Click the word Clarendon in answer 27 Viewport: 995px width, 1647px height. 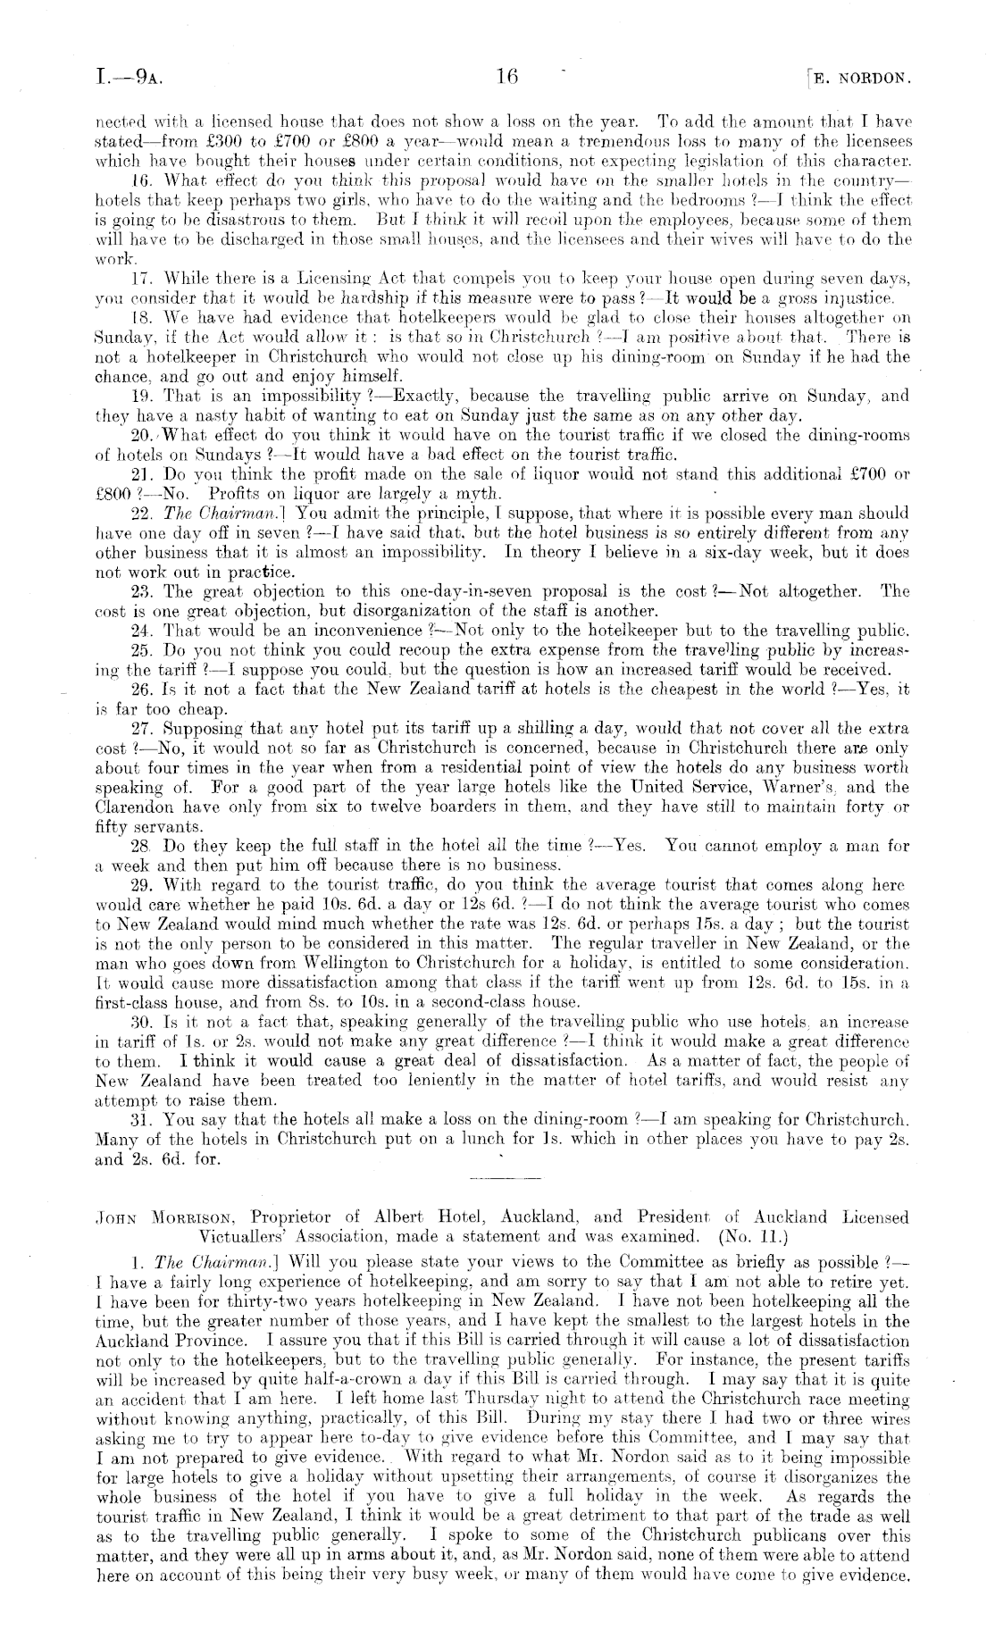click(130, 807)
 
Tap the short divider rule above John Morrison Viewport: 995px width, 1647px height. click(497, 1180)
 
